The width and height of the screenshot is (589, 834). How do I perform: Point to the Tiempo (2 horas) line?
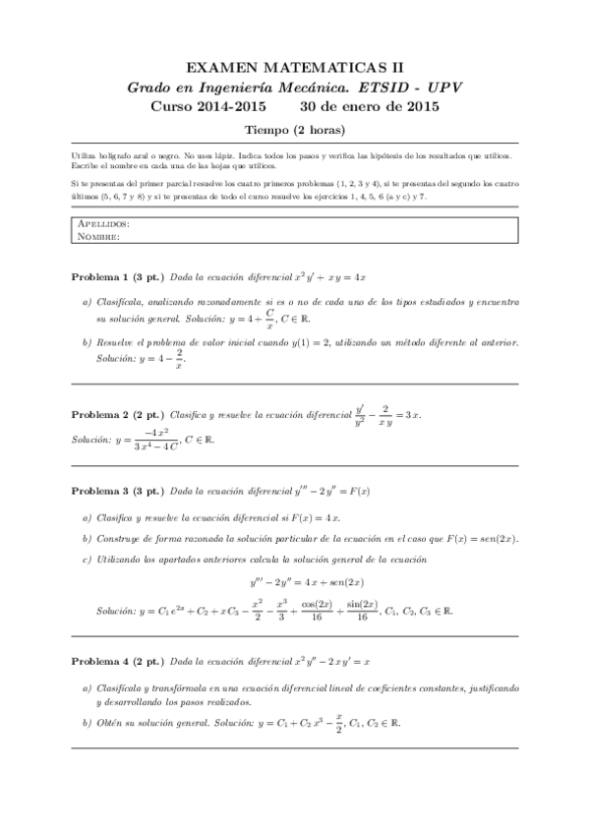point(294,130)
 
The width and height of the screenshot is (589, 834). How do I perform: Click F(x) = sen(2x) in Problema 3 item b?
point(478,538)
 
